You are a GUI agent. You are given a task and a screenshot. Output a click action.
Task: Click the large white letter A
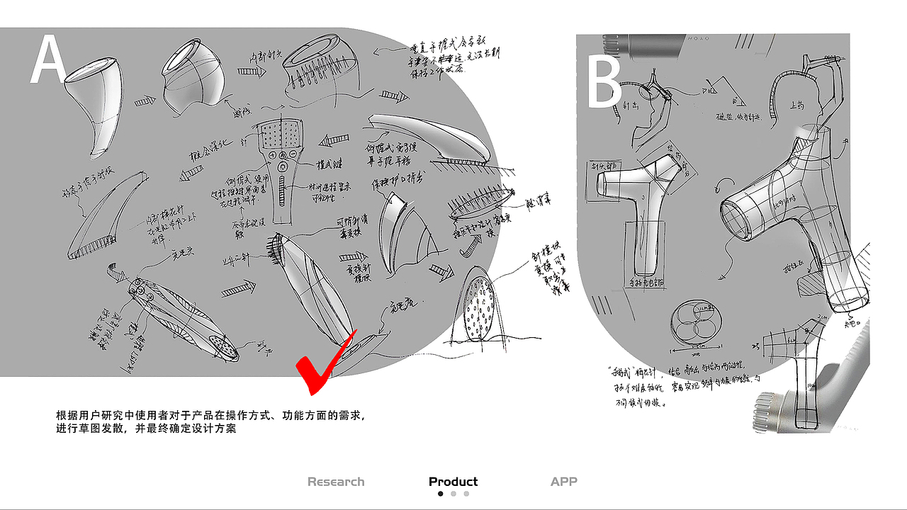pos(48,60)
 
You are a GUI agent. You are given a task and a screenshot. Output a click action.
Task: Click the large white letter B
pos(604,84)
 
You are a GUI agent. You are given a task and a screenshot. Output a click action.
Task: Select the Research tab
pos(336,482)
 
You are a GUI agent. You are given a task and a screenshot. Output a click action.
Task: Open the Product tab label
pos(453,482)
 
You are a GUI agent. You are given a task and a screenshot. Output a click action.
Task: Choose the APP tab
pos(563,482)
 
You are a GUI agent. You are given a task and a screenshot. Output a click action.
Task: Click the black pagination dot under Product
pos(441,494)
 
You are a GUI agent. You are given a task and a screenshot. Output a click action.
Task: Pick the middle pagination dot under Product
pos(453,494)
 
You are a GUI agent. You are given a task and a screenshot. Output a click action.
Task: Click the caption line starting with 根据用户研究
pos(212,416)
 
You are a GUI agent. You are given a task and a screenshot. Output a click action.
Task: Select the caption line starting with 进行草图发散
pos(146,429)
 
